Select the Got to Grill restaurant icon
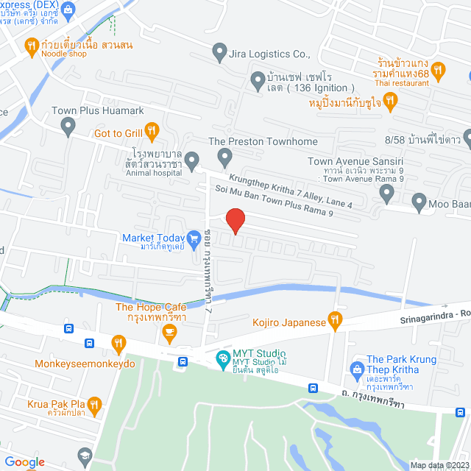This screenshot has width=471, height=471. pyautogui.click(x=152, y=132)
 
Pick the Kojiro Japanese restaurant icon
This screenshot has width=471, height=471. pyautogui.click(x=336, y=320)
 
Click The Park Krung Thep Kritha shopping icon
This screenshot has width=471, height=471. pyautogui.click(x=357, y=367)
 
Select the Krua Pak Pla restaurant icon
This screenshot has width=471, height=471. pyautogui.click(x=94, y=404)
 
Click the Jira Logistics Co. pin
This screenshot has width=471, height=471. pyautogui.click(x=219, y=54)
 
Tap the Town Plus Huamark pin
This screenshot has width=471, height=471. pyautogui.click(x=68, y=128)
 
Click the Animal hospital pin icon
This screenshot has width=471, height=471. pyautogui.click(x=192, y=159)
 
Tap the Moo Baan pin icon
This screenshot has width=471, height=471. pyautogui.click(x=419, y=199)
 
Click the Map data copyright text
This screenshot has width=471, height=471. pyautogui.click(x=437, y=465)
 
